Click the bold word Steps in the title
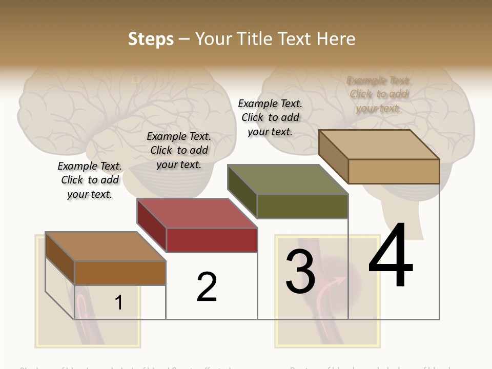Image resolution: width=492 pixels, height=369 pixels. pos(151,39)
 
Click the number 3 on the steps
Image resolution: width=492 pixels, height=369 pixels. pos(300,272)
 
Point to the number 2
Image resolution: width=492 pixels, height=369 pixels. pos(207,286)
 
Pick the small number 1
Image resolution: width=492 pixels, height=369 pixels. pos(119,302)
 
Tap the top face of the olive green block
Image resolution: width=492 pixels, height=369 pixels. pos(288,179)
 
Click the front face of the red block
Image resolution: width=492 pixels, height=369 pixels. pos(212,240)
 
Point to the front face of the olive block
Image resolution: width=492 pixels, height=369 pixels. pos(302,206)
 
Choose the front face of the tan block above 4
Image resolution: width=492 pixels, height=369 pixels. pos(394,171)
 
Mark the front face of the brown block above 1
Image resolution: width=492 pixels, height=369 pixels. pos(120,273)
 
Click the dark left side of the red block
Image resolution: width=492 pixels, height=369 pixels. pos(152,225)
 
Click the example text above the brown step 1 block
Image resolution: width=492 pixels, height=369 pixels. pos(90,180)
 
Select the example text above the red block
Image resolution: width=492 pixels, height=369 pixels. pos(179,150)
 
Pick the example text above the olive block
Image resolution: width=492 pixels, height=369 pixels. pos(270,117)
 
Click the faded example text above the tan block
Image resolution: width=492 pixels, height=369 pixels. pos(379,94)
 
